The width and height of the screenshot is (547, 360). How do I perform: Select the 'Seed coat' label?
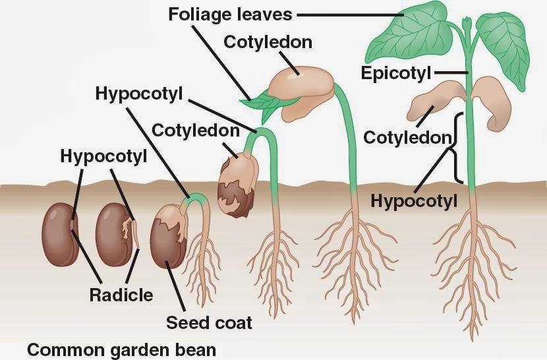click(x=209, y=323)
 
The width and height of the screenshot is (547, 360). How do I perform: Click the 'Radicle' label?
click(x=121, y=294)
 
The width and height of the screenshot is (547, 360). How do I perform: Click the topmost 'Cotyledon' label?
click(x=268, y=42)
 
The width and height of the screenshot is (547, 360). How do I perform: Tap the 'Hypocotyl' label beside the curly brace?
click(x=413, y=200)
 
